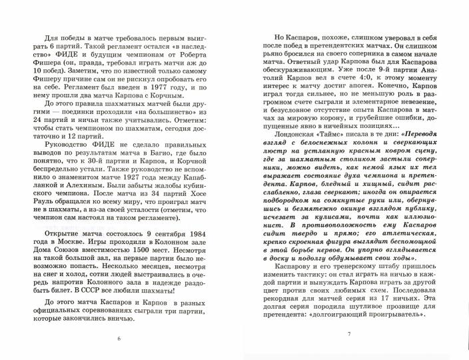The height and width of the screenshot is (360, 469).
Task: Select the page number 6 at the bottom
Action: click(x=118, y=338)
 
